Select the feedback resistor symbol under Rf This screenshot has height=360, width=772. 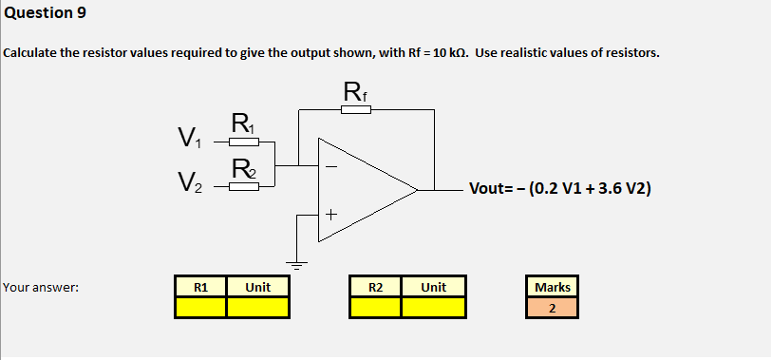click(354, 110)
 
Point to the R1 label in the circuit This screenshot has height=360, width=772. click(242, 123)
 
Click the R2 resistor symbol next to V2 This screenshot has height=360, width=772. click(243, 186)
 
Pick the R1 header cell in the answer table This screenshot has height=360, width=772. click(200, 286)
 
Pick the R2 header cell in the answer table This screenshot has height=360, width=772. click(375, 286)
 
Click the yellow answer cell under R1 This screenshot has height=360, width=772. click(200, 307)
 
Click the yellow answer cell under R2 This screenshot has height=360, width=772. click(375, 307)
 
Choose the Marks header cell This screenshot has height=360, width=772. click(552, 286)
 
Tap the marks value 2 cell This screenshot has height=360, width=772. click(552, 307)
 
